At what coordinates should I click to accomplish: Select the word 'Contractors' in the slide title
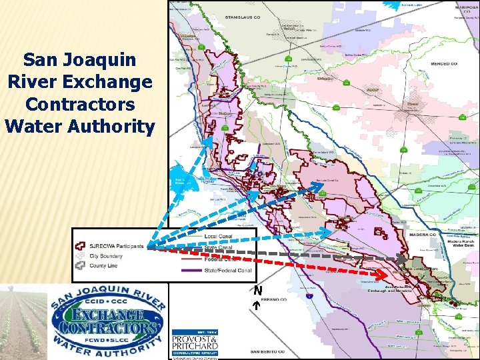[79, 104]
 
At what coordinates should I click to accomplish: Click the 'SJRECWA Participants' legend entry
[111, 246]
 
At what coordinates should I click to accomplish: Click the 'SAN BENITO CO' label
[267, 351]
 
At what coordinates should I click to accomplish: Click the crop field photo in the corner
[23, 320]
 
